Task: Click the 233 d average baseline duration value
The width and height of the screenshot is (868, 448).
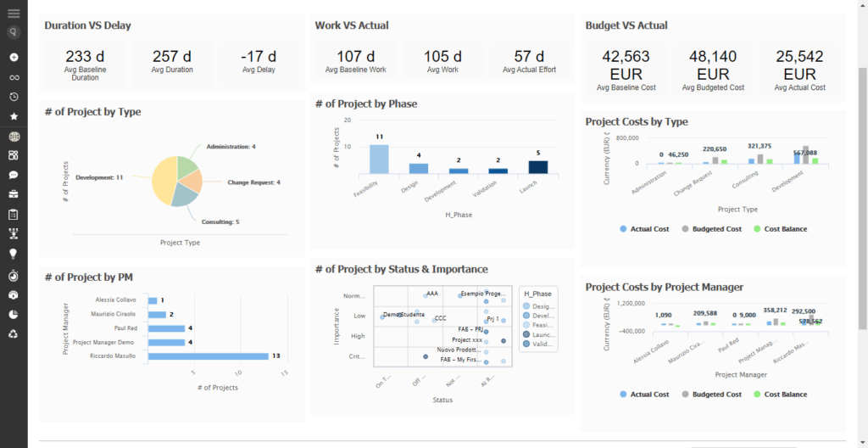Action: click(x=85, y=56)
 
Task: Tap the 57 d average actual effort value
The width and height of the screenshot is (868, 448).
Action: click(x=529, y=56)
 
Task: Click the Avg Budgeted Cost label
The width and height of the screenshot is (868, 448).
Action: click(x=713, y=87)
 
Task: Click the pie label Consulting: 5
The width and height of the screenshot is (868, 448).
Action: click(x=220, y=221)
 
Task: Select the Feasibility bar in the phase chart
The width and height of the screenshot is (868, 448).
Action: click(x=379, y=159)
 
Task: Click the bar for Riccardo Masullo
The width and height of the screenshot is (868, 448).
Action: click(x=208, y=356)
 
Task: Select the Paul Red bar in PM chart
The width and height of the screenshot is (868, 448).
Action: click(x=166, y=328)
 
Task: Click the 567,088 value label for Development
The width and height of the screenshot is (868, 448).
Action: click(x=805, y=153)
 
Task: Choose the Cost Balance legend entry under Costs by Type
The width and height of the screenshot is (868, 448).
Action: click(x=780, y=229)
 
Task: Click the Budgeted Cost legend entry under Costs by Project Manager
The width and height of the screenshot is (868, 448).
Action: click(x=712, y=395)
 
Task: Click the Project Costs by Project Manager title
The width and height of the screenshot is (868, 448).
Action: click(x=665, y=288)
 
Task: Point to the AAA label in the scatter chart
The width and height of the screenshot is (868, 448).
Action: click(x=432, y=294)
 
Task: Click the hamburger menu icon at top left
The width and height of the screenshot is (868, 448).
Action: click(x=14, y=13)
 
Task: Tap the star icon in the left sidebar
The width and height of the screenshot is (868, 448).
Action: click(x=14, y=116)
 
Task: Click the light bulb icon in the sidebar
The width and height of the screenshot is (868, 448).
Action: click(x=14, y=254)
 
